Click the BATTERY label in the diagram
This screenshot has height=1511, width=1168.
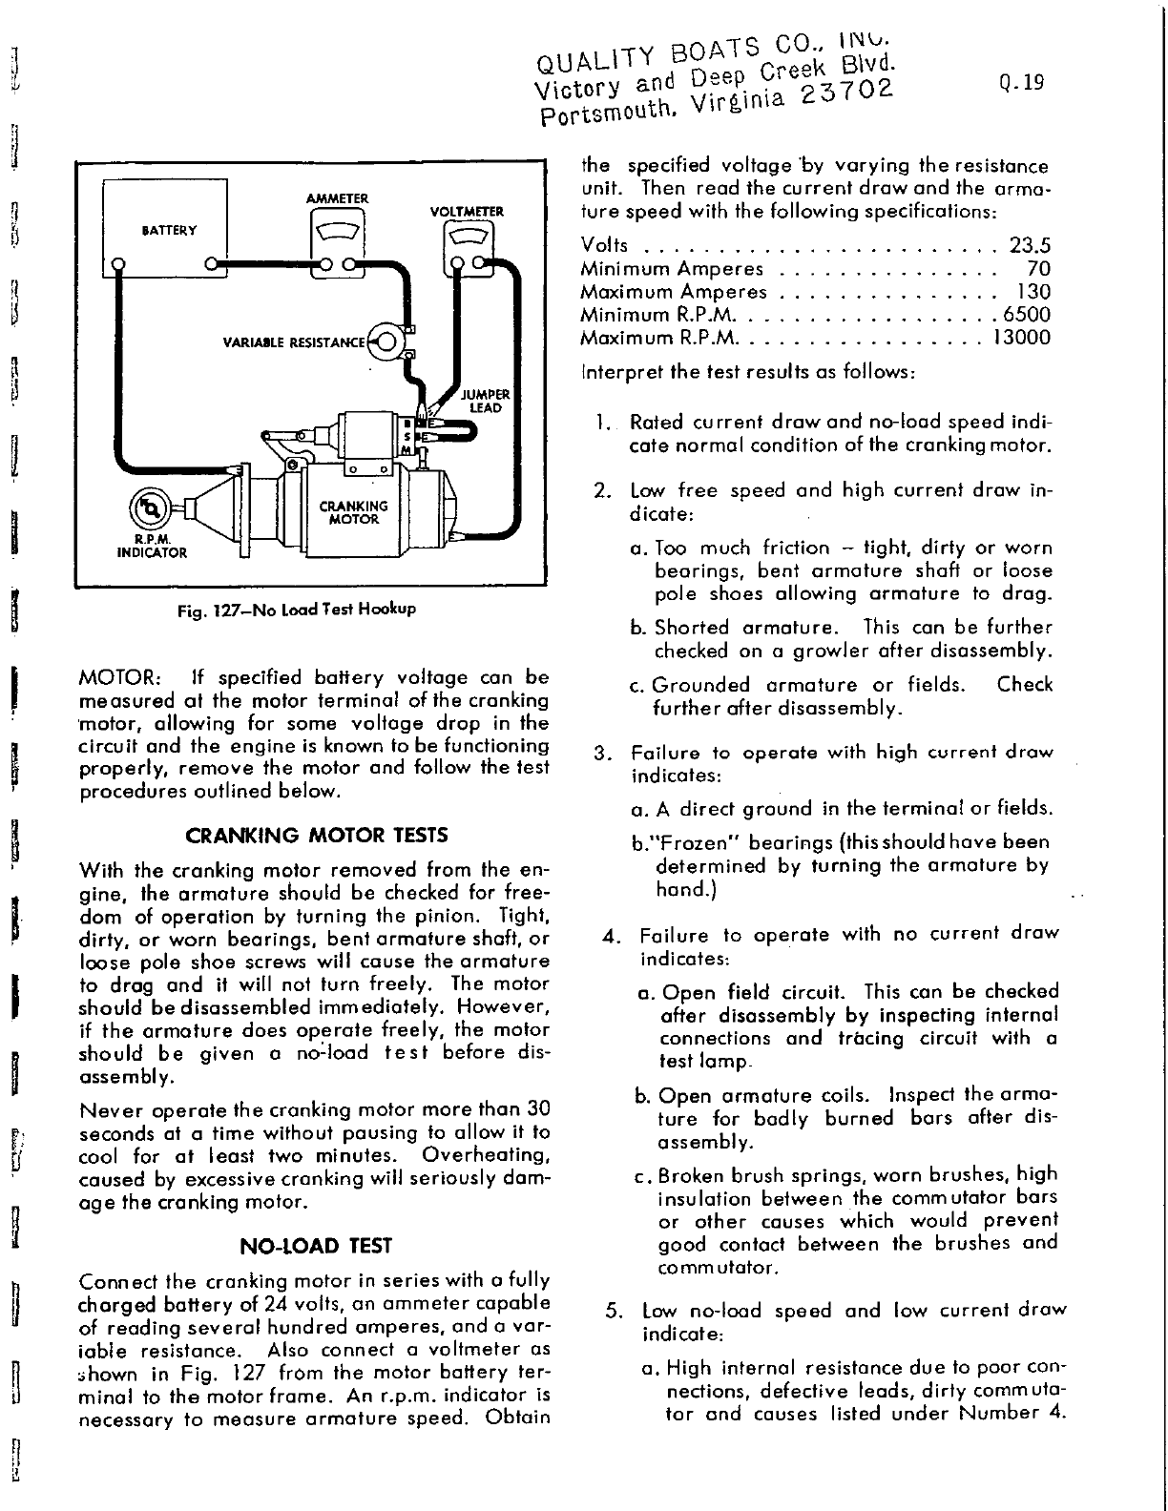click(169, 230)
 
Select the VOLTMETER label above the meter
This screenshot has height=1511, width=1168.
click(467, 212)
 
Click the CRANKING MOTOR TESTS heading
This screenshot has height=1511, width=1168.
click(316, 836)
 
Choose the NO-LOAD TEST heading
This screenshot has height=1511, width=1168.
click(316, 1246)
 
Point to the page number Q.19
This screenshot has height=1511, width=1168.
click(1023, 82)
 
